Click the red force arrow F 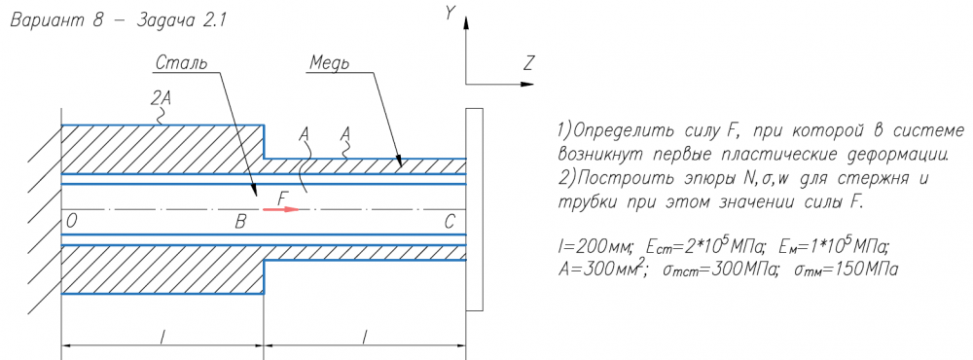click(281, 210)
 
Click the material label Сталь click(181, 62)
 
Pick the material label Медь click(329, 63)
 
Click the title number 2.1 click(210, 20)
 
